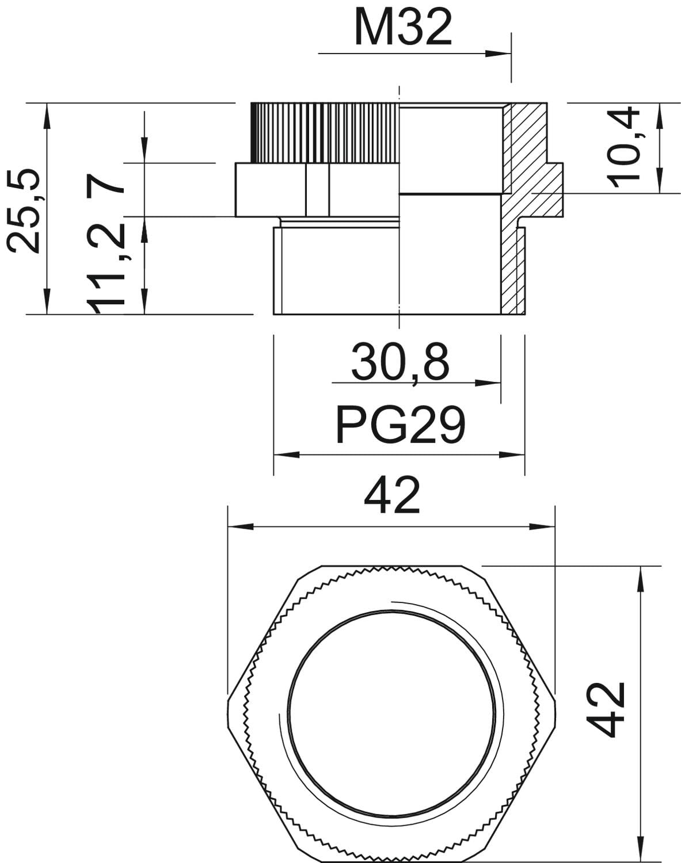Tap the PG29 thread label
tap(400, 425)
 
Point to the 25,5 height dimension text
tap(24, 211)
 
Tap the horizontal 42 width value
tap(391, 496)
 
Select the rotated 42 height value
tap(606, 710)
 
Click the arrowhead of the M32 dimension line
tap(498, 54)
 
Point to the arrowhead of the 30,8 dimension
tap(488, 383)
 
